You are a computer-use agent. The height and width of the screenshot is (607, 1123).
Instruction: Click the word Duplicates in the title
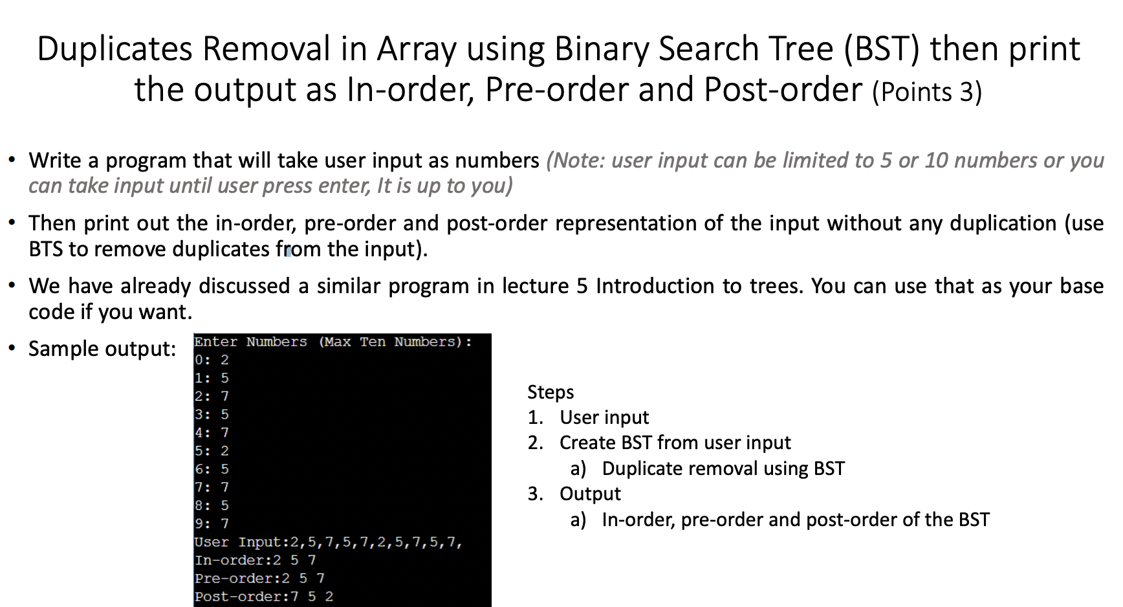point(114,49)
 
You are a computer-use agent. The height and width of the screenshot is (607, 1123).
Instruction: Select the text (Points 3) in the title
point(927,92)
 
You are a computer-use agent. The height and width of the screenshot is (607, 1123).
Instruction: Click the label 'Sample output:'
point(102,349)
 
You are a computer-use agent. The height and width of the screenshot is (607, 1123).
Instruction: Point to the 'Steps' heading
point(551,392)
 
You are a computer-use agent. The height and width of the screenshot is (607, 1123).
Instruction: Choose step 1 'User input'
point(604,417)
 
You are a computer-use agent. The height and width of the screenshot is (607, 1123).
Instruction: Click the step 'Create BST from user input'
point(675,443)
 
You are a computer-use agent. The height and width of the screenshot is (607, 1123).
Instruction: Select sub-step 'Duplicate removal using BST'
point(723,469)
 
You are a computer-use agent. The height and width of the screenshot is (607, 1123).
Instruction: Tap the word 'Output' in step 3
point(590,494)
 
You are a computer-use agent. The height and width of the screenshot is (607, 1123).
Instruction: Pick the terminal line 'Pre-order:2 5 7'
point(259,579)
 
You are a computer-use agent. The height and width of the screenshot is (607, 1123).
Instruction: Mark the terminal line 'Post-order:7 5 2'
point(264,597)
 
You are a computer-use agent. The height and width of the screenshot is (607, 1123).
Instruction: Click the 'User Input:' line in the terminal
point(329,542)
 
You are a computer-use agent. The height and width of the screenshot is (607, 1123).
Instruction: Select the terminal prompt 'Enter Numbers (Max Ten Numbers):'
point(333,342)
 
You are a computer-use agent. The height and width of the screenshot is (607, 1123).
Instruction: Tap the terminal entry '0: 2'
point(212,360)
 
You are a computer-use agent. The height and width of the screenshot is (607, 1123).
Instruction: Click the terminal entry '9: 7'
point(212,524)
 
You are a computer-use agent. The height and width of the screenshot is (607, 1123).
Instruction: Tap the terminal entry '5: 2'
point(212,451)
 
